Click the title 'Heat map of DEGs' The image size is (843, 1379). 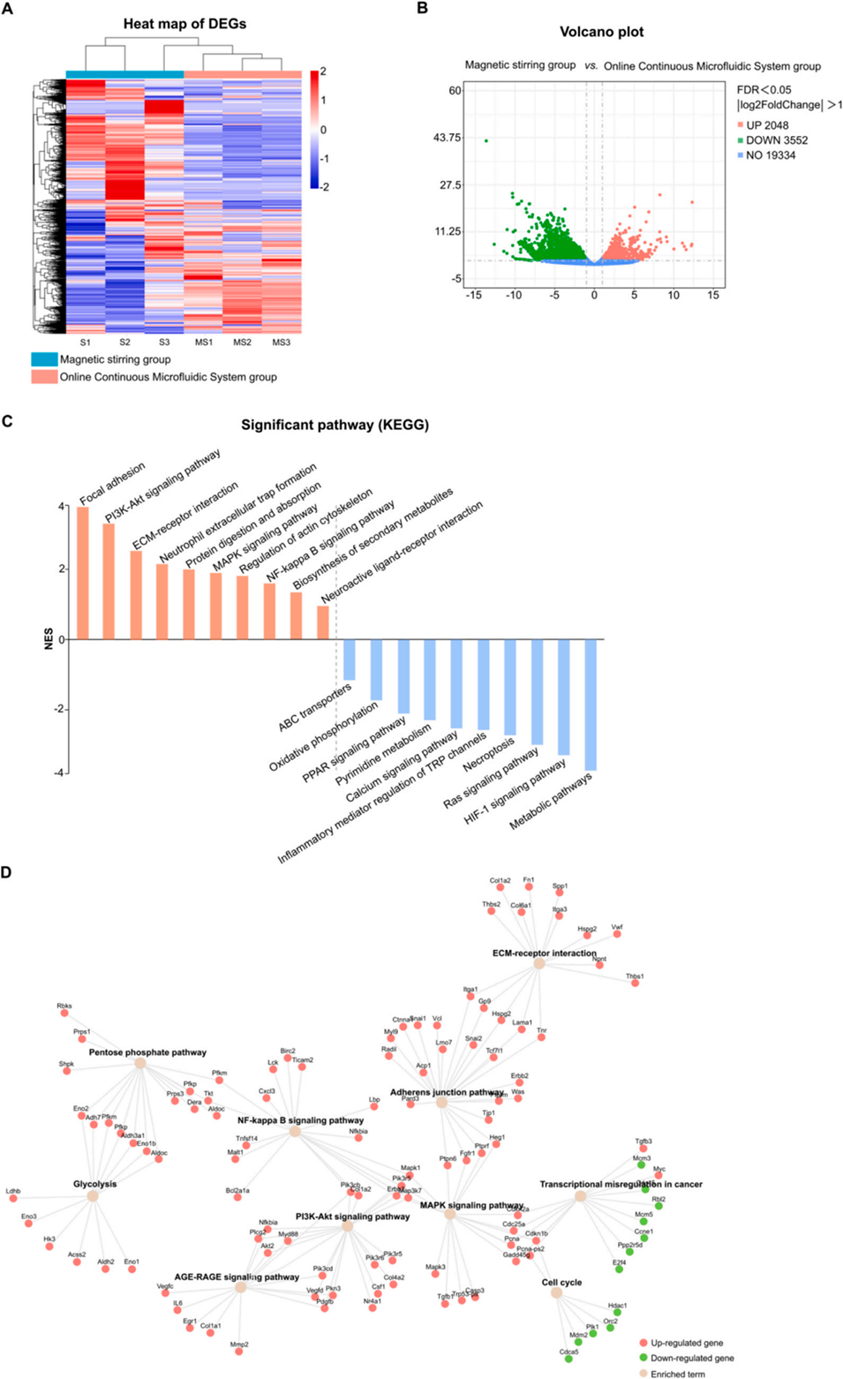click(184, 24)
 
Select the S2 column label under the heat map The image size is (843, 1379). click(124, 342)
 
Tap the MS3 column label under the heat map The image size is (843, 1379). click(281, 342)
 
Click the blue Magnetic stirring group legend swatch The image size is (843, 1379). click(44, 359)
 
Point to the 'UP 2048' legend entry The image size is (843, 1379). click(767, 125)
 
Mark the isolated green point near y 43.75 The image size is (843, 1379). click(485, 140)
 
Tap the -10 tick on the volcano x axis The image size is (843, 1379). click(514, 295)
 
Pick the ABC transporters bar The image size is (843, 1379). click(349, 659)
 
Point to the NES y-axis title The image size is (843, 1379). click(49, 638)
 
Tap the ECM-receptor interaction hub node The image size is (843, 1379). click(539, 964)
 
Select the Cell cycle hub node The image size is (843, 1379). click(556, 1292)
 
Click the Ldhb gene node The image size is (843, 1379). click(13, 1200)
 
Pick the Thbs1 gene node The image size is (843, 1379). click(635, 983)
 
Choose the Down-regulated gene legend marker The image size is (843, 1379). click(644, 1358)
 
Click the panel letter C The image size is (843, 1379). click(7, 421)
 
